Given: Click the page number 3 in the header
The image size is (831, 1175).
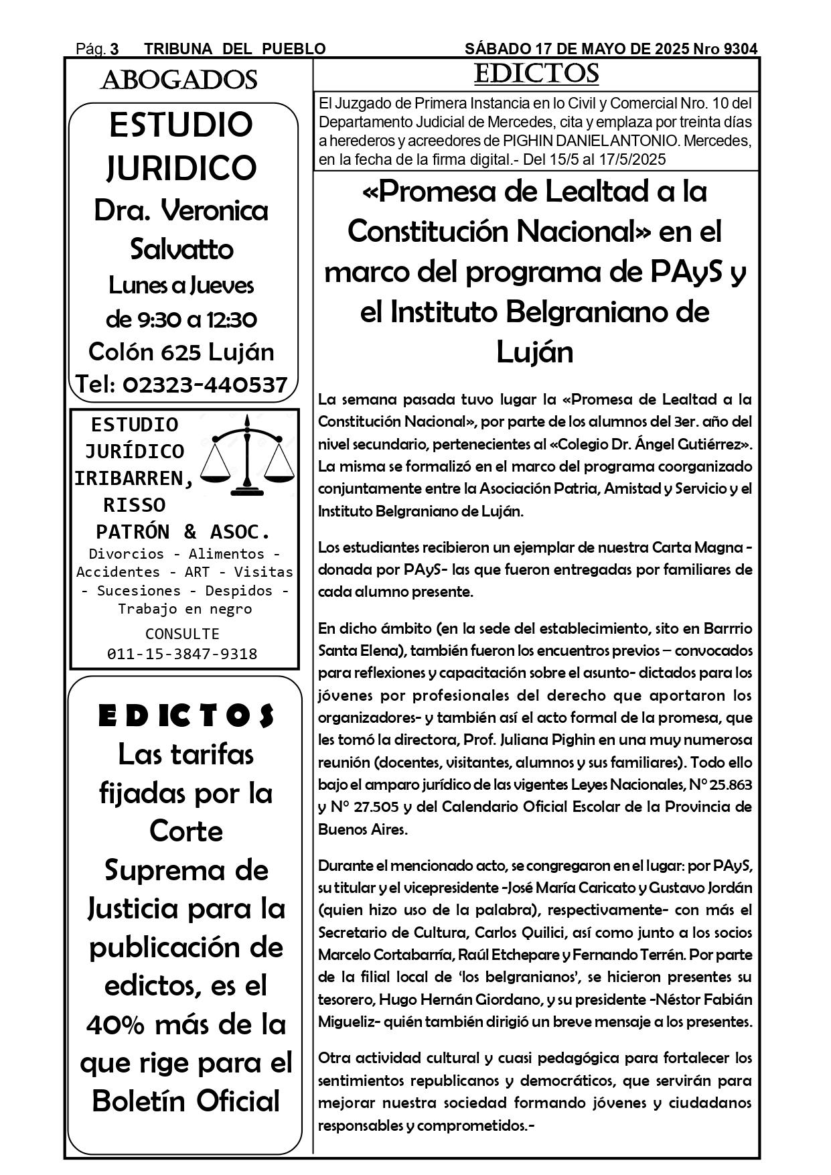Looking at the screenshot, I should [x=115, y=49].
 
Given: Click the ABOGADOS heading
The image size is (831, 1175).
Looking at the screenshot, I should [x=179, y=80].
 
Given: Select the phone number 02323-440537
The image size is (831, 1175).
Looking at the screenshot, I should [x=205, y=385].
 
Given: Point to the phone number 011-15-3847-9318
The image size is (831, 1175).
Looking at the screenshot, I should [x=182, y=654].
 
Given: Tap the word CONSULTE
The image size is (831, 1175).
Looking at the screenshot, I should [x=182, y=634].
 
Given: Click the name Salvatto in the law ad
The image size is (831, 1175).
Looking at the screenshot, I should [x=181, y=249].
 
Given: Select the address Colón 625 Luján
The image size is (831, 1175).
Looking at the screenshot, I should [x=181, y=352].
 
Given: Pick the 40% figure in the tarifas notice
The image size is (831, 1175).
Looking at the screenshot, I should [x=113, y=1024].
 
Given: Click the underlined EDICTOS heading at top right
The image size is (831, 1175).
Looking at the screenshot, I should [x=536, y=74].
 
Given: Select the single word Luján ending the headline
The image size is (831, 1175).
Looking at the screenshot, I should [x=534, y=352].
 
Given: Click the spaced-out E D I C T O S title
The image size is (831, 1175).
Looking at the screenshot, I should [x=186, y=716].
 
